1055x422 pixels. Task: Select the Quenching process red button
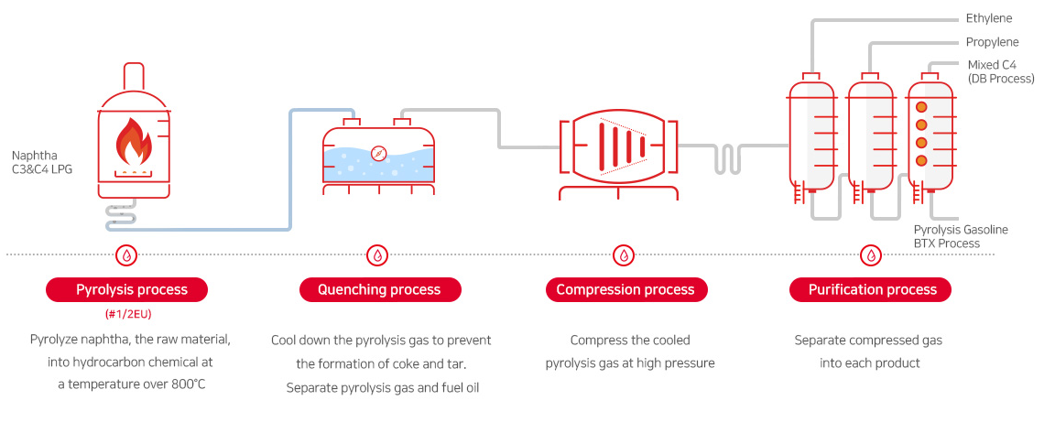(379, 290)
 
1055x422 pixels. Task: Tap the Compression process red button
(625, 290)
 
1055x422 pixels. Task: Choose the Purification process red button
(872, 290)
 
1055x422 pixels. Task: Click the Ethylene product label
(989, 18)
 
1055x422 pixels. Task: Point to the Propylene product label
(992, 42)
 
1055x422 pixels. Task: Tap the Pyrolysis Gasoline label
(961, 230)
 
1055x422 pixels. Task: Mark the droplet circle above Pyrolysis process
(127, 254)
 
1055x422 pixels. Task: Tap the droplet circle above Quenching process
(377, 254)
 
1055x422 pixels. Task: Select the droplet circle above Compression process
(624, 254)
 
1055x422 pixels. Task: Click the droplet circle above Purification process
(871, 254)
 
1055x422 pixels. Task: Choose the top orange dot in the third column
(922, 107)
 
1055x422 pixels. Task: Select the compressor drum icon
(618, 146)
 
